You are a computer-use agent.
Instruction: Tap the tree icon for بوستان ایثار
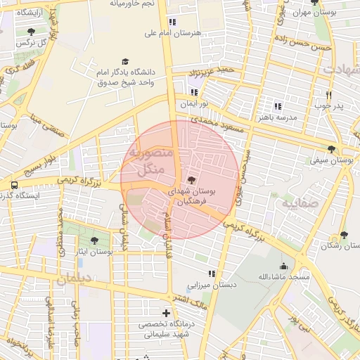[95, 240]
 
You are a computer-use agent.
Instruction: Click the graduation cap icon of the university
[125, 62]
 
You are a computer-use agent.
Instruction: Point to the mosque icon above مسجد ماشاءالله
[283, 266]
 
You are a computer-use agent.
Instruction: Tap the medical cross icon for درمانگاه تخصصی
[166, 313]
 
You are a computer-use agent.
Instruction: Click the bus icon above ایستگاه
[13, 185]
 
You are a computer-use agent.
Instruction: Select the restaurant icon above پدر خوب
[328, 95]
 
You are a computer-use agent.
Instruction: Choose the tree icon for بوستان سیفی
[331, 149]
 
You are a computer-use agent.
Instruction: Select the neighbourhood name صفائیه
[301, 202]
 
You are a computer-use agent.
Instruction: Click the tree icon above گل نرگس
[32, 32]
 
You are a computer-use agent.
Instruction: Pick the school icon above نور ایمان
[194, 91]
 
